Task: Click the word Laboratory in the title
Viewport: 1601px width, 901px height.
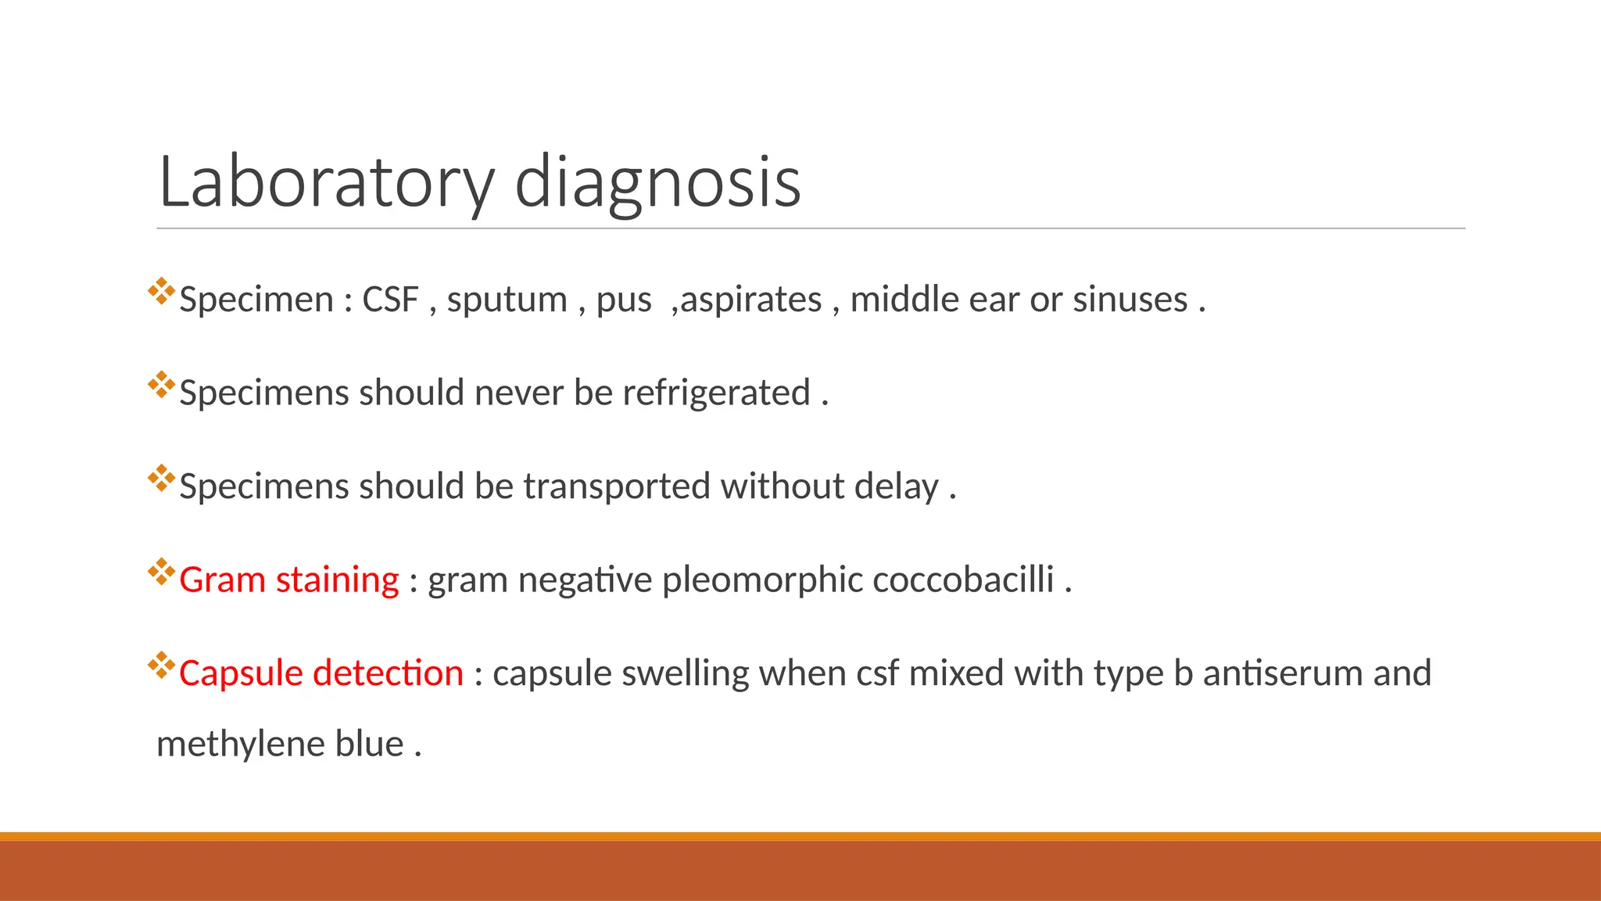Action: click(x=326, y=183)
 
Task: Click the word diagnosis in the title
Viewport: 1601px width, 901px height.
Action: click(x=657, y=183)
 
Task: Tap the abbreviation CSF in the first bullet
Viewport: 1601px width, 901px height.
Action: click(x=390, y=300)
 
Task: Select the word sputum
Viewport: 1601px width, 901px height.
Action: click(x=507, y=300)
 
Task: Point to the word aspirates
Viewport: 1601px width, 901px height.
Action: click(x=751, y=300)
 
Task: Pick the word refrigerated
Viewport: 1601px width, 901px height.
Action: click(x=716, y=393)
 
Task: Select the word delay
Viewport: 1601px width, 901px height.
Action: click(x=896, y=486)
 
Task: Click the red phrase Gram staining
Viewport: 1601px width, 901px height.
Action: click(x=289, y=580)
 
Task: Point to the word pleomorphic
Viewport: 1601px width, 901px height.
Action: click(x=761, y=580)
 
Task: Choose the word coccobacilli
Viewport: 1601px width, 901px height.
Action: click(x=963, y=580)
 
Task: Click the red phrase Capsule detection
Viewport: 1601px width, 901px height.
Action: click(x=321, y=673)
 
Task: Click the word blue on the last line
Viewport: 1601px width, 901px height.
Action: click(x=369, y=744)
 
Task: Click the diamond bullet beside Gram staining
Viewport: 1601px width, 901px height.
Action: click(x=161, y=572)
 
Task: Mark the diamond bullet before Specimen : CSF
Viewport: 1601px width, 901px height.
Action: click(x=161, y=291)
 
